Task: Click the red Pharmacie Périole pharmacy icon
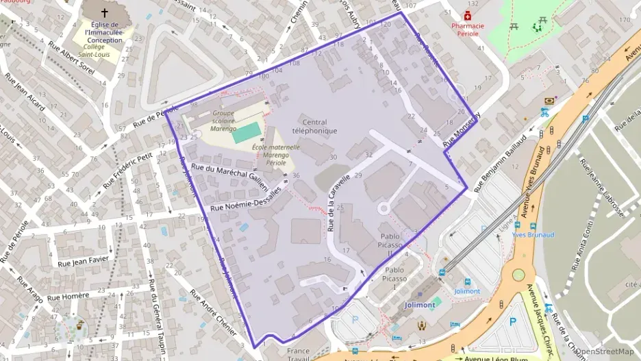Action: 468,15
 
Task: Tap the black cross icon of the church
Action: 105,12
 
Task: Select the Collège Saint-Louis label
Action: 95,50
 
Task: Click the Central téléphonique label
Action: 314,126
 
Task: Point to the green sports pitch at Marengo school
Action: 247,132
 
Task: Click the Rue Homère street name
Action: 70,297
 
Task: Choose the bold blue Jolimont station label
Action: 420,305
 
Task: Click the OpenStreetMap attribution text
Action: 605,351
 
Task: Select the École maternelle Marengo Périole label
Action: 276,155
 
